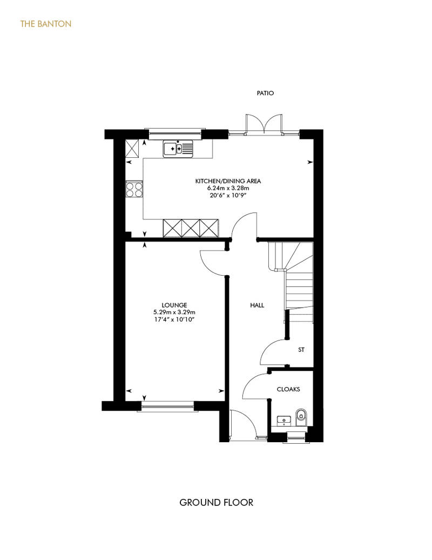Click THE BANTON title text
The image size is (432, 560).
(46, 24)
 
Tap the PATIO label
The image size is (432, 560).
(265, 93)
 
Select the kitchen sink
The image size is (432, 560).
(178, 149)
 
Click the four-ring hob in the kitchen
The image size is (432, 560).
(134, 189)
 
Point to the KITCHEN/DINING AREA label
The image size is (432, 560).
(228, 181)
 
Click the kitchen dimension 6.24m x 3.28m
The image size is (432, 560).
(228, 188)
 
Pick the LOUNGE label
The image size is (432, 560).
(174, 305)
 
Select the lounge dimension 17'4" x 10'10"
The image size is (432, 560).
(174, 319)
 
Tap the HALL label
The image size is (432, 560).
(257, 305)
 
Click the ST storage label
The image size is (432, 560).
(301, 350)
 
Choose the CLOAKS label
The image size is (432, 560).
(288, 389)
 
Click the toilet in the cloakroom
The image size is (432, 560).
(301, 417)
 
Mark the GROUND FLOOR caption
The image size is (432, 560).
(216, 503)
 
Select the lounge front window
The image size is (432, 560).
(167, 406)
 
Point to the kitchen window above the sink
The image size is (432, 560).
(175, 134)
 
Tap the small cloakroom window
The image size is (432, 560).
(296, 437)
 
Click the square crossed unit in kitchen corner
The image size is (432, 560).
(132, 148)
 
